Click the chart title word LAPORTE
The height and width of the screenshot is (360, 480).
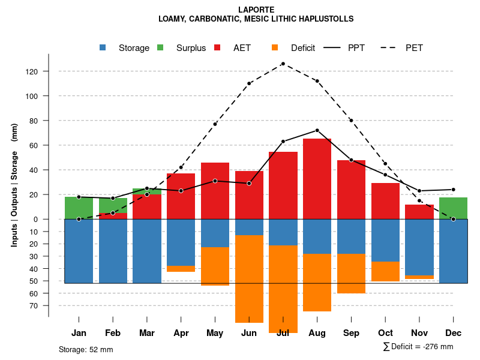tap(256, 10)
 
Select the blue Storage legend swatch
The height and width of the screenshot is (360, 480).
tap(103, 48)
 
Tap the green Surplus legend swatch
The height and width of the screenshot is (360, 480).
tap(160, 48)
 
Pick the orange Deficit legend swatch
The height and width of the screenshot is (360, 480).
tap(275, 48)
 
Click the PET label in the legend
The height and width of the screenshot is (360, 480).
tap(414, 48)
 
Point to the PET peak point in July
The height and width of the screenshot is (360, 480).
tap(283, 64)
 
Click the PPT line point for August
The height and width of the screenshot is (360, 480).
tap(317, 130)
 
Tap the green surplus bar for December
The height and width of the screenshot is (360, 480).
tap(453, 208)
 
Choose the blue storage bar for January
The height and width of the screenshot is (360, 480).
tap(79, 251)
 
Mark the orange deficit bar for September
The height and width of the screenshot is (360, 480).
tap(351, 274)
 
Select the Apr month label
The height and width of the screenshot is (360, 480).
tap(181, 333)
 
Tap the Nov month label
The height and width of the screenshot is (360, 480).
tap(419, 333)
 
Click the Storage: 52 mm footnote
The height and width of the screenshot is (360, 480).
tap(86, 349)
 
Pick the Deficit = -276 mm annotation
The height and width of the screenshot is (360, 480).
tap(418, 347)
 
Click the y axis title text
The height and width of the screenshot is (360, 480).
tap(14, 185)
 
